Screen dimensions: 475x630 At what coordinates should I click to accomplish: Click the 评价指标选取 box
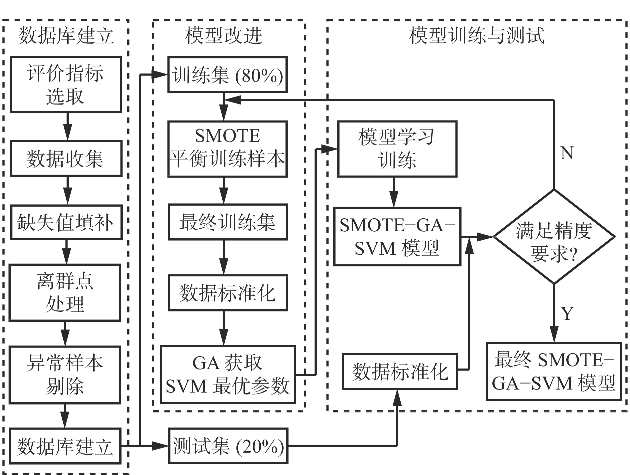tap(66, 84)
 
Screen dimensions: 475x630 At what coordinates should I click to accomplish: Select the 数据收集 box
tap(66, 159)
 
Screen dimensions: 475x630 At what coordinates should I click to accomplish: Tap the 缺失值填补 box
tap(66, 222)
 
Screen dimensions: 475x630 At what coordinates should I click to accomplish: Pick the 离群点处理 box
tap(65, 292)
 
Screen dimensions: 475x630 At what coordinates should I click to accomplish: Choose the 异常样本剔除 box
tap(65, 375)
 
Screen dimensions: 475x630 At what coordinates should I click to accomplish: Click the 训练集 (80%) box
tap(227, 75)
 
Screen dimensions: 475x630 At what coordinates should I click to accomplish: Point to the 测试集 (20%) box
tap(228, 446)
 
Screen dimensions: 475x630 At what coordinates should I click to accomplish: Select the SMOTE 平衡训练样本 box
tap(227, 149)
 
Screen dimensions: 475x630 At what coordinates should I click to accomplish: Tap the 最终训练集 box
tap(227, 222)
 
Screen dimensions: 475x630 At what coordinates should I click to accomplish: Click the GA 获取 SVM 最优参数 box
tap(228, 375)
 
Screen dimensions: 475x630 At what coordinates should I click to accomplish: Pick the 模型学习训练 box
tap(397, 149)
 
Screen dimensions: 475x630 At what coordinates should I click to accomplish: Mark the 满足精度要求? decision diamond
tap(554, 237)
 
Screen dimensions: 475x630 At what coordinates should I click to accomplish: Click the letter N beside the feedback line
tap(567, 153)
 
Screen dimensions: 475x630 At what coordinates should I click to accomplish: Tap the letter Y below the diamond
tap(567, 313)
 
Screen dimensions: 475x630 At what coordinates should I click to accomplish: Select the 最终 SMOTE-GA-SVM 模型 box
tap(554, 371)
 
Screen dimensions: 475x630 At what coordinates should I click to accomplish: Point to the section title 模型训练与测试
tap(477, 35)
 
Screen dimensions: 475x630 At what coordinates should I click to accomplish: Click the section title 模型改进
tap(223, 35)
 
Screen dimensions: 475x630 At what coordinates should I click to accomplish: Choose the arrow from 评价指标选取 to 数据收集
tap(67, 126)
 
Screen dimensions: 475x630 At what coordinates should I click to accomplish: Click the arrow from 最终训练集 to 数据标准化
tap(223, 257)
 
